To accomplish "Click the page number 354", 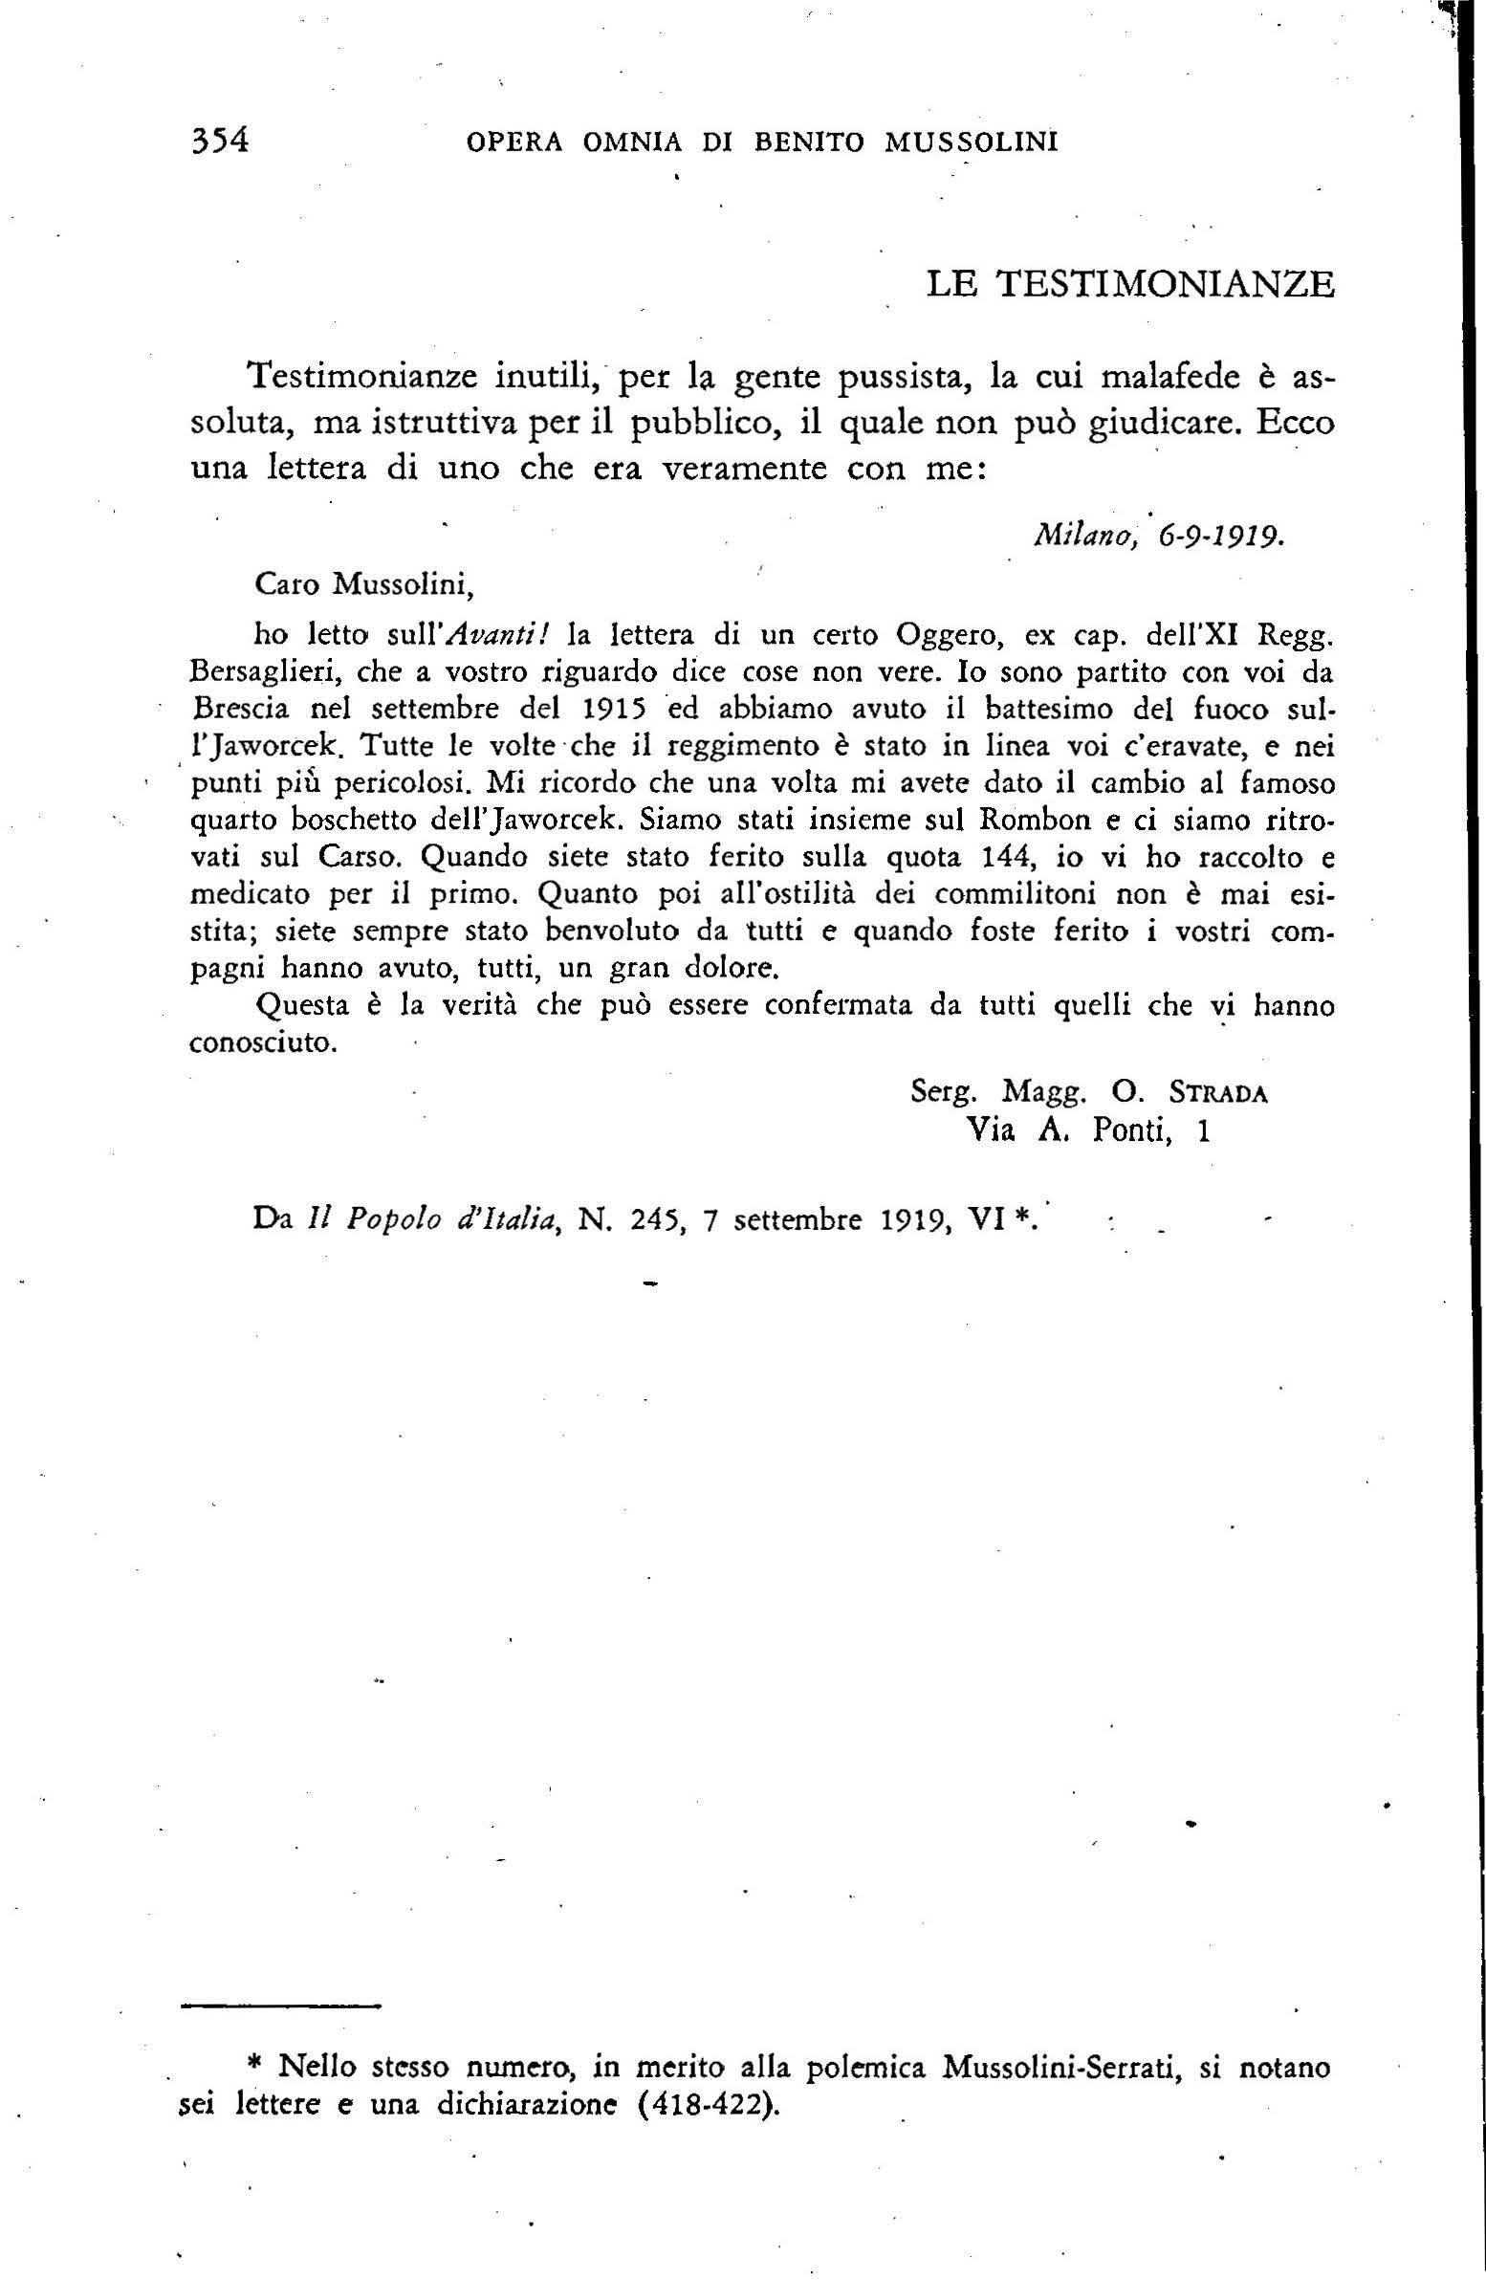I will click(220, 141).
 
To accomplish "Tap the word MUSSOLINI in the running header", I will click(971, 142).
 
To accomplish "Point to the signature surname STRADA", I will click(1217, 1093).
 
